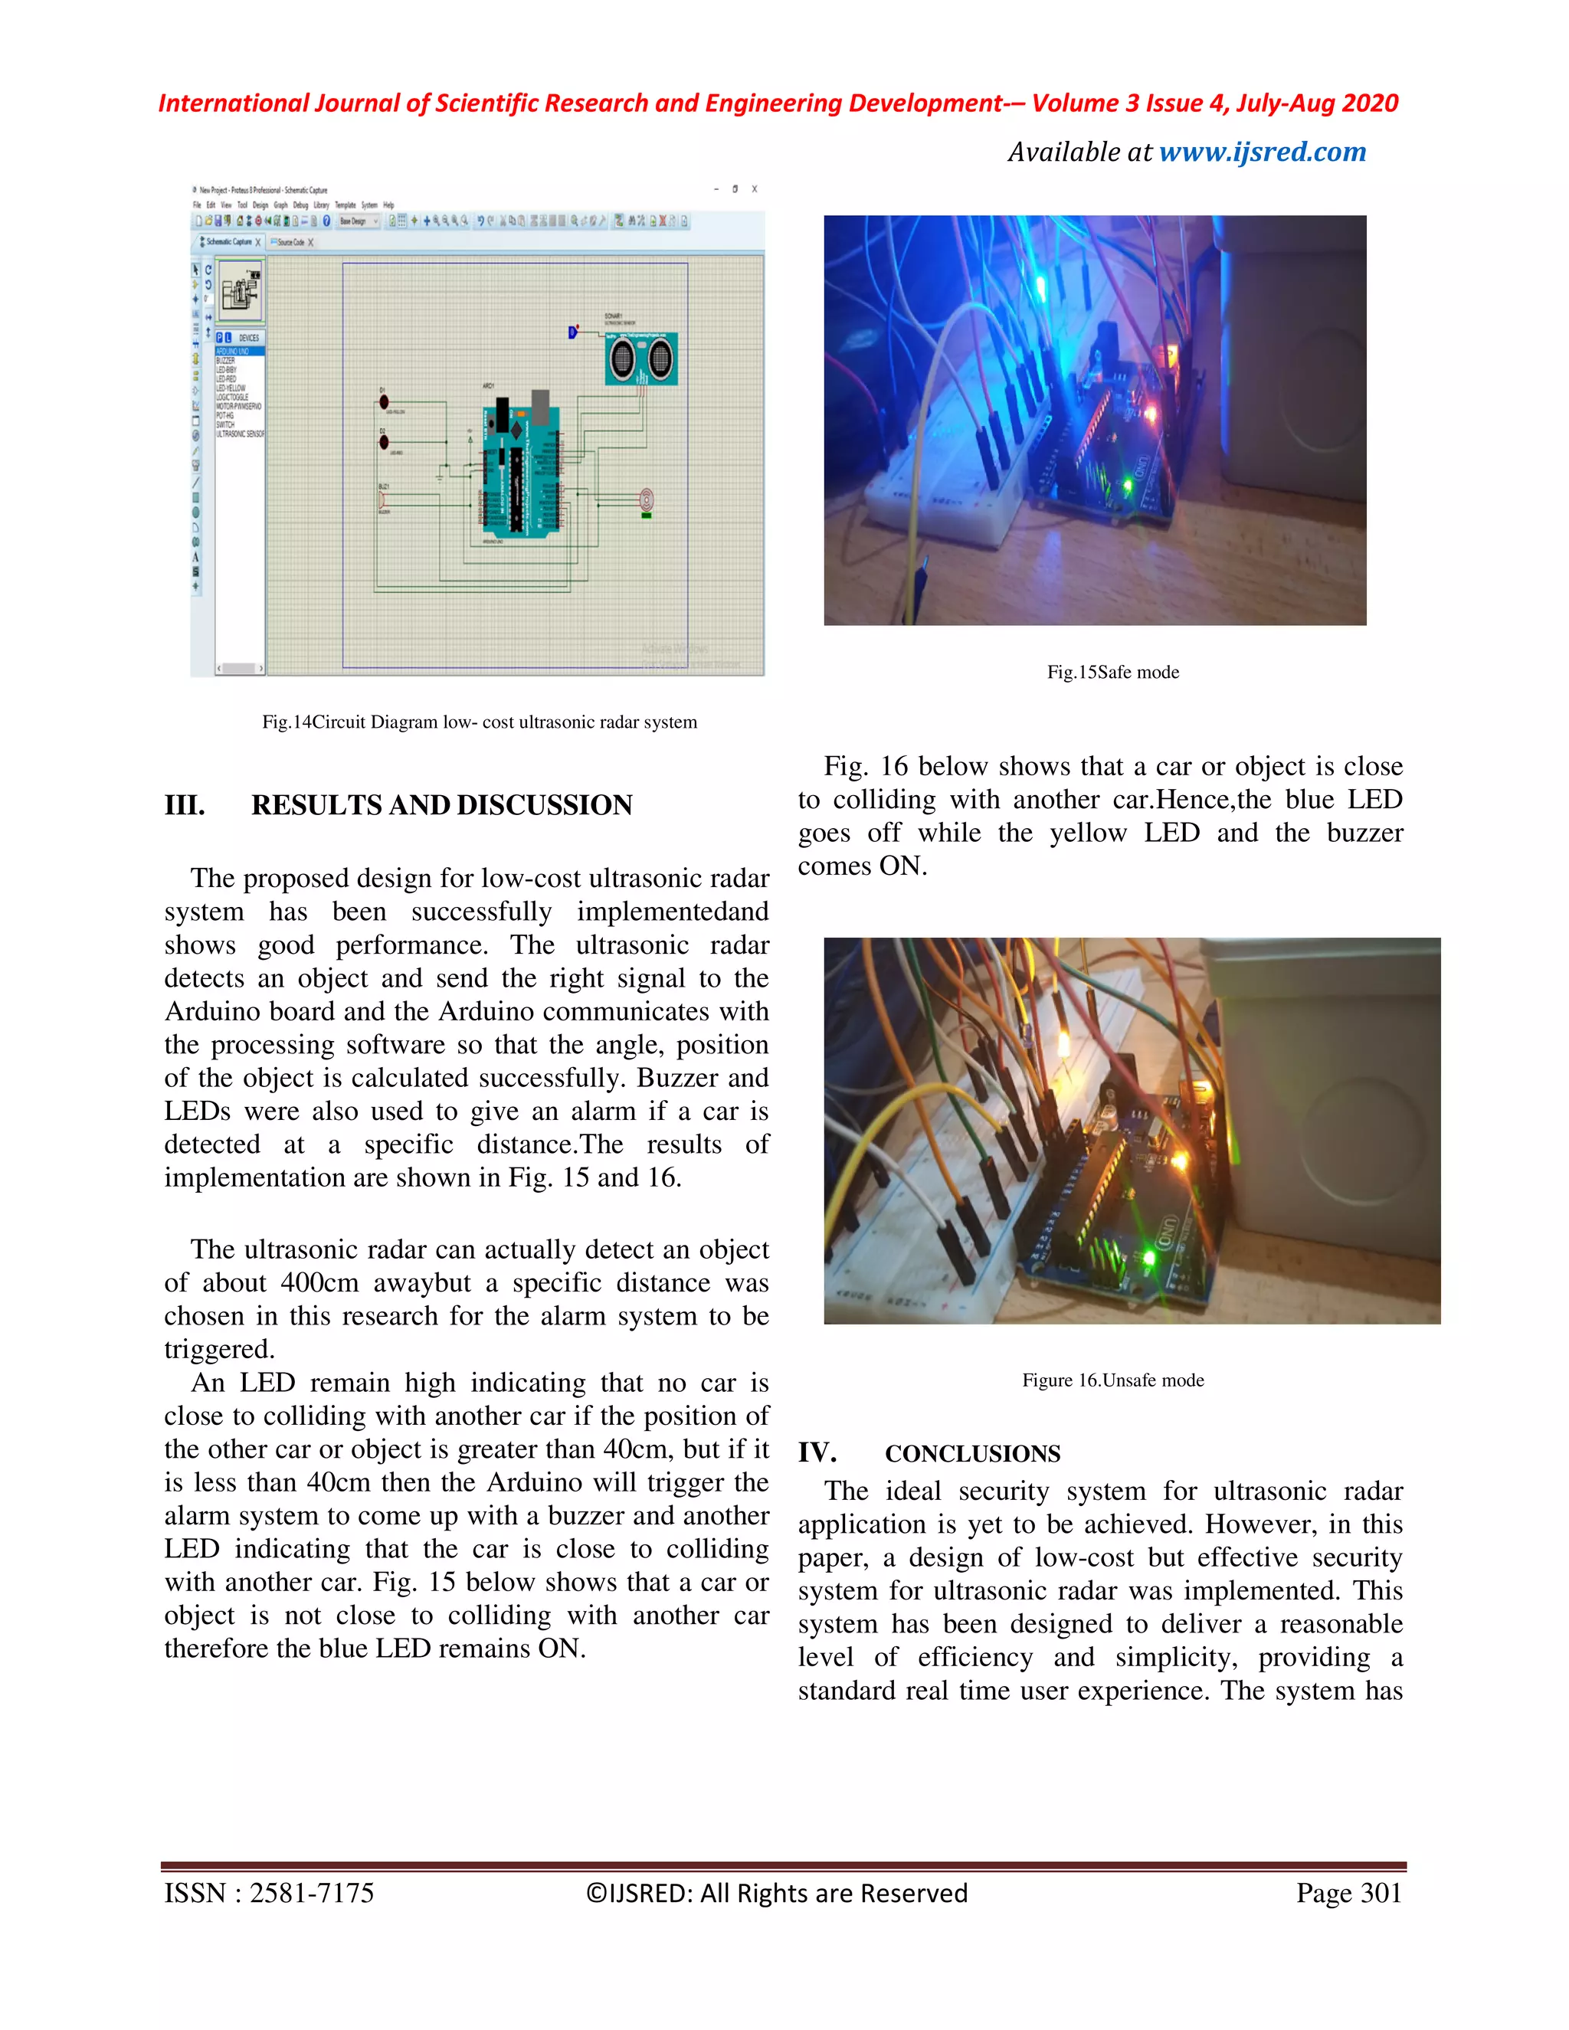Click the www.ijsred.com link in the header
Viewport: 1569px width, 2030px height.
(1263, 152)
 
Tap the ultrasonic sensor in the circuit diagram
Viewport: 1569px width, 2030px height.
(641, 358)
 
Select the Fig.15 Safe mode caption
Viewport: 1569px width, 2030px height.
(1112, 672)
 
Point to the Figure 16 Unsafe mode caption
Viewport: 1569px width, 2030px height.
(1112, 1380)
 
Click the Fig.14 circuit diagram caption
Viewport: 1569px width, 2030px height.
(479, 722)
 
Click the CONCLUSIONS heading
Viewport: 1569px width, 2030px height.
(972, 1454)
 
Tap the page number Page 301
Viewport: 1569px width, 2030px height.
(1348, 1894)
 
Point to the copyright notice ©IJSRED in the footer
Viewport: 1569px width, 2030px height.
(776, 1894)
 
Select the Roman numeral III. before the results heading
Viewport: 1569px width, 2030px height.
(185, 805)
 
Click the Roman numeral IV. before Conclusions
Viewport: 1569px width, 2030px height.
(817, 1452)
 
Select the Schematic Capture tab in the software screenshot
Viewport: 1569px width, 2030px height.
(228, 241)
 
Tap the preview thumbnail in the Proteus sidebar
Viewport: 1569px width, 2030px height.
(240, 291)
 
